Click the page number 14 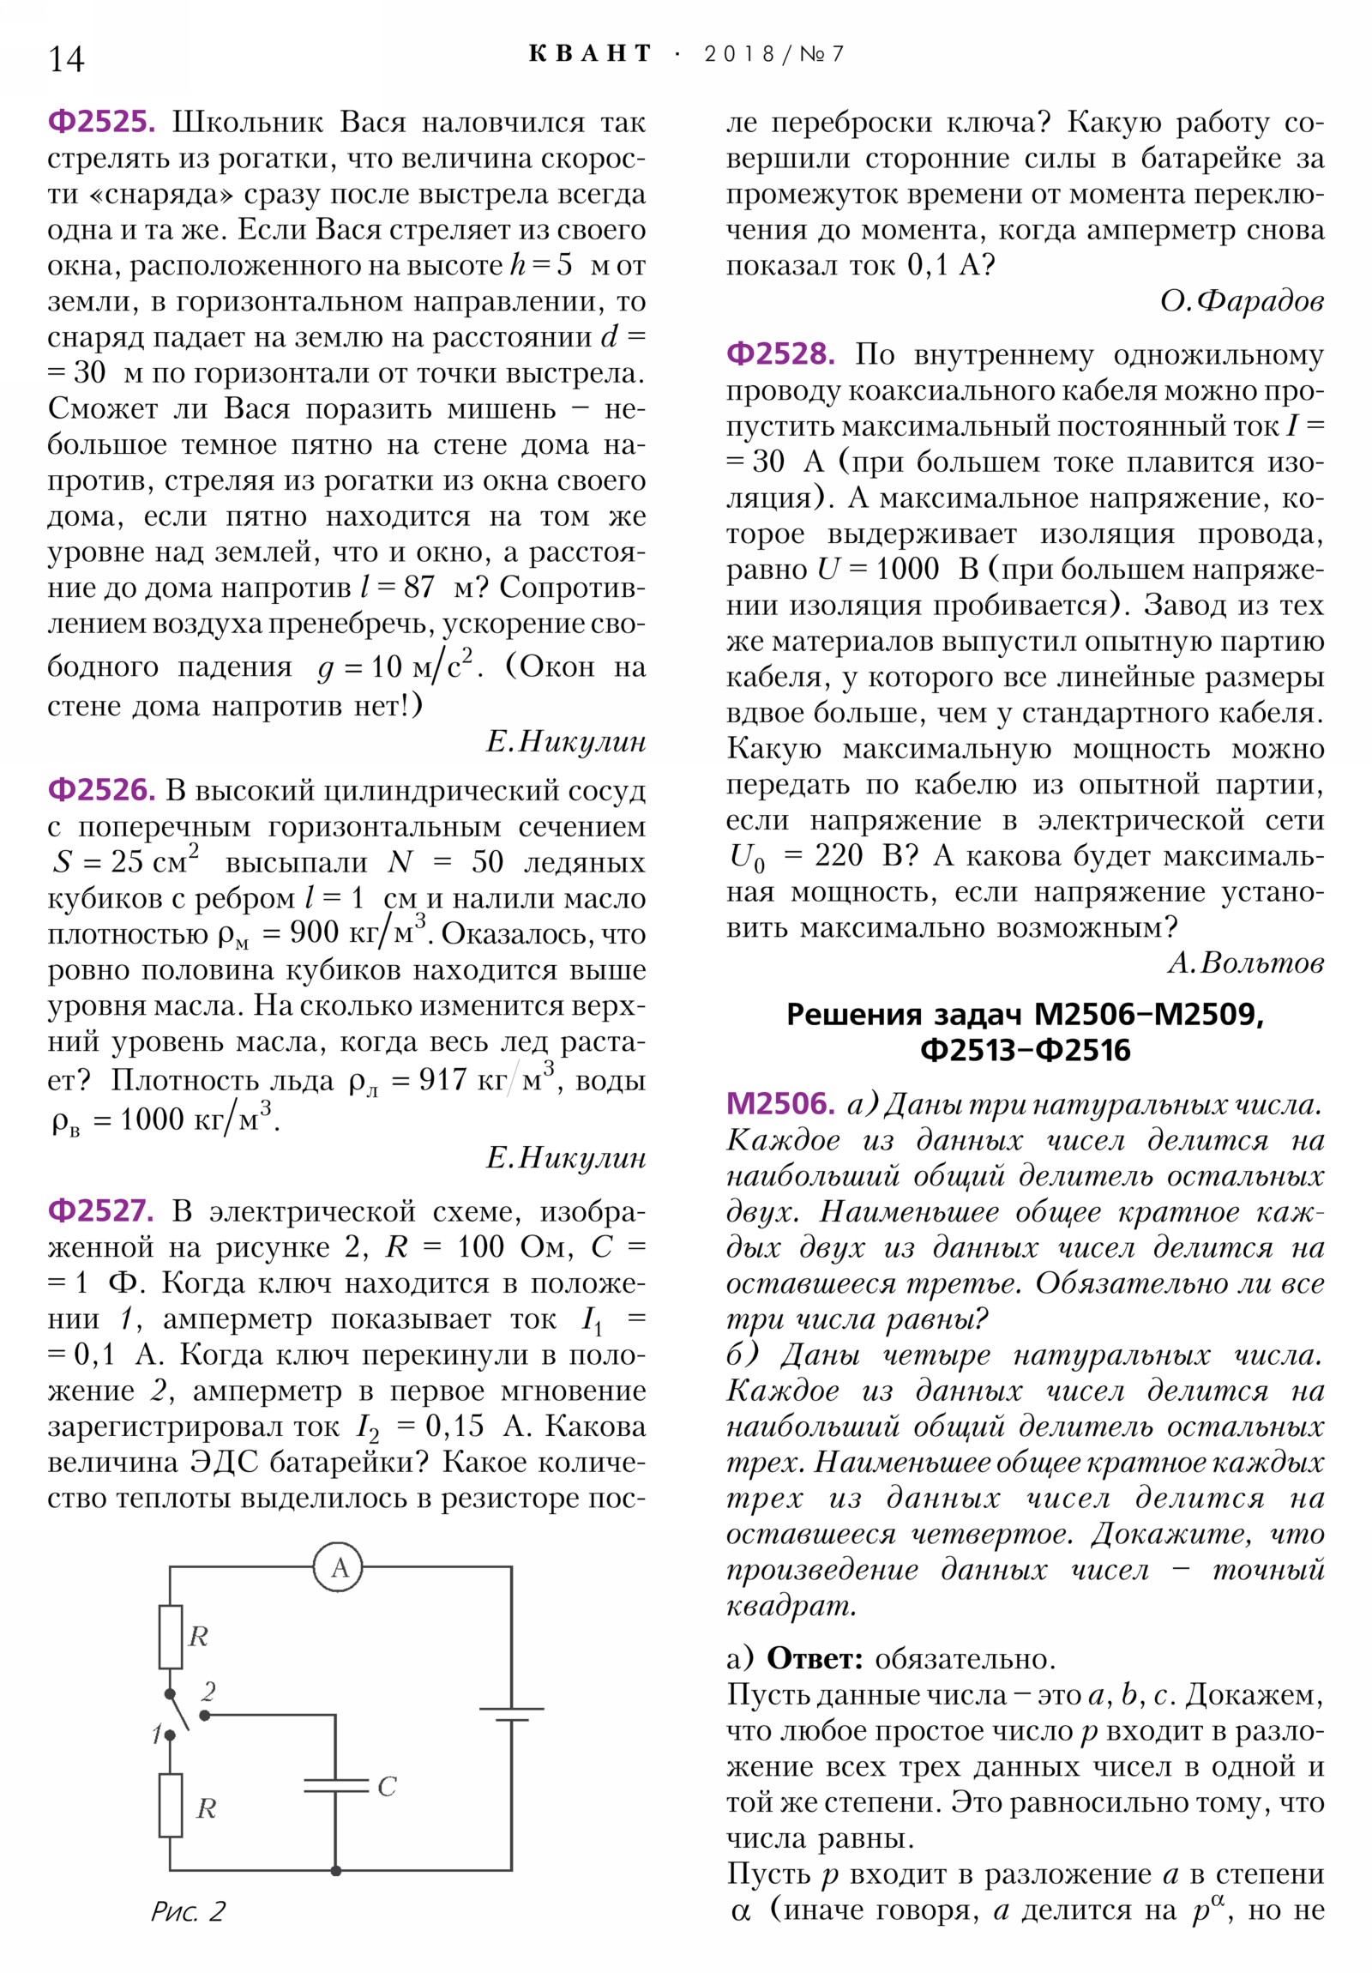66,59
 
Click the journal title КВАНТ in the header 590,54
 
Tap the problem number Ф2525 101,122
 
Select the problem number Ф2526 101,790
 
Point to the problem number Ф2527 101,1210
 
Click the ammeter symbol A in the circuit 339,1568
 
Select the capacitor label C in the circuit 387,1786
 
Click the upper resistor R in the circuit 171,1636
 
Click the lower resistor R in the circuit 171,1807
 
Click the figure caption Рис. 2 188,1911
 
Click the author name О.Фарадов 1241,302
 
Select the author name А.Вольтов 1245,962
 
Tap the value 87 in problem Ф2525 418,587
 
